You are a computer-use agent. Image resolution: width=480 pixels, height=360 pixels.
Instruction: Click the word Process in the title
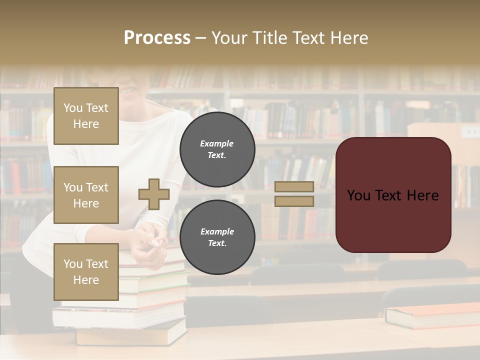click(157, 38)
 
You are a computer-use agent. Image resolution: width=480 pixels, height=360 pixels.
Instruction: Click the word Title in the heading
click(271, 38)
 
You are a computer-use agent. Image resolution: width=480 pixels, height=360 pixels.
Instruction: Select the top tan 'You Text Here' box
click(86, 116)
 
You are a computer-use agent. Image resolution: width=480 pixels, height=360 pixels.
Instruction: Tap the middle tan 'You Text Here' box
click(86, 195)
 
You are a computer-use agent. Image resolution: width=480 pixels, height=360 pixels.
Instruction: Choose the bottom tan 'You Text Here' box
click(86, 271)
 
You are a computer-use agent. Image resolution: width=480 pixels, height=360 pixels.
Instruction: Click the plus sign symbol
click(154, 194)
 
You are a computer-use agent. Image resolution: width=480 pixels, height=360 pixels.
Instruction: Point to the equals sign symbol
click(294, 194)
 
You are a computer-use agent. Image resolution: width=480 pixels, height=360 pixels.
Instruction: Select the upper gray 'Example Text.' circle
click(217, 149)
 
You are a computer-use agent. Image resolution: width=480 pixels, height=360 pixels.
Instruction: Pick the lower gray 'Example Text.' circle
click(217, 237)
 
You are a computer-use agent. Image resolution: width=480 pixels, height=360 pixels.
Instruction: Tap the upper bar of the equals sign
click(294, 186)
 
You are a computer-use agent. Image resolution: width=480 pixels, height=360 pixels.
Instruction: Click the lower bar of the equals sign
click(294, 201)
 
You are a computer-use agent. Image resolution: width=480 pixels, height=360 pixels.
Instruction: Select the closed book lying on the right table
click(432, 315)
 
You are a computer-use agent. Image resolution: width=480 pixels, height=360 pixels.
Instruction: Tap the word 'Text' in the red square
click(392, 195)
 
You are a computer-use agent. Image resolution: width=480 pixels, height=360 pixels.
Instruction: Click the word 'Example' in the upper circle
click(217, 143)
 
